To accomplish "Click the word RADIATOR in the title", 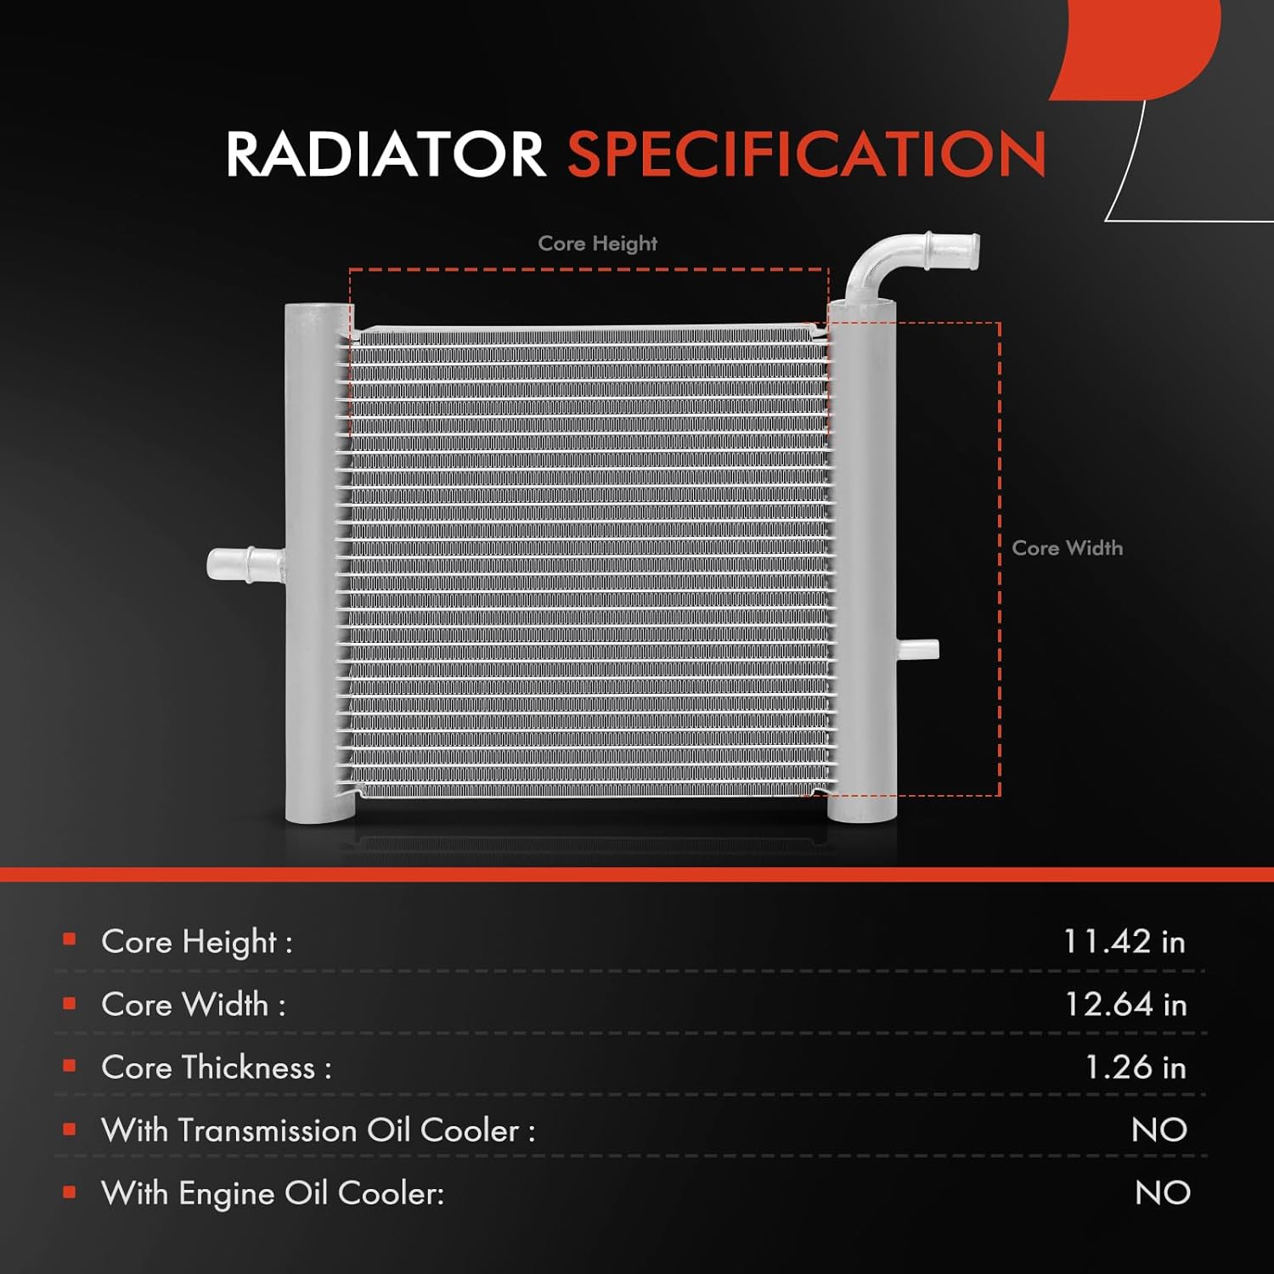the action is pos(385,155).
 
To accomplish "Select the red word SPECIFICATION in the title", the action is pos(806,155).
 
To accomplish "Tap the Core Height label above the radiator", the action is pos(597,244).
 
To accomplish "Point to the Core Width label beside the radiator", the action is pos(1067,549).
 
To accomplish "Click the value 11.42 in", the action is pos(1124,942).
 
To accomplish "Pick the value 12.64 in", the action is pos(1125,1005).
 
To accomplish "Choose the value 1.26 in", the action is pos(1136,1068).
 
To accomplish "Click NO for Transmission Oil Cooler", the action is pos(1159,1130).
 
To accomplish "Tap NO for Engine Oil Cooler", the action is pos(1162,1193).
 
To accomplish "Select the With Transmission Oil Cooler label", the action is pos(318,1130).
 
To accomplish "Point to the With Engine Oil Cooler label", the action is pos(272,1193).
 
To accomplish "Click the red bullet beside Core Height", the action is pos(70,939).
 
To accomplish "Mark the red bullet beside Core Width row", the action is pos(70,1003).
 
